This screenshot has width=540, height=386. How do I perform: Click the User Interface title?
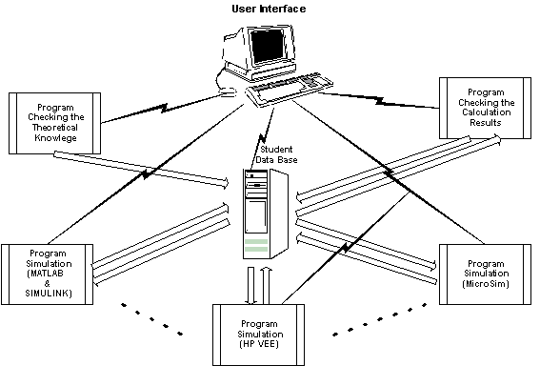point(269,9)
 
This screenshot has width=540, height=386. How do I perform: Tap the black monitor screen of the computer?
point(268,46)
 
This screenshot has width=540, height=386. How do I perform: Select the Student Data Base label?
point(276,154)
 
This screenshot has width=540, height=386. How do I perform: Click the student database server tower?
point(266,213)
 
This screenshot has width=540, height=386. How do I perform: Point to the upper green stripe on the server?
point(256,241)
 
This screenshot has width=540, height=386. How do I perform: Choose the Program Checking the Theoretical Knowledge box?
point(54,123)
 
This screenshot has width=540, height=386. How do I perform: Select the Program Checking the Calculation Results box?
point(486,108)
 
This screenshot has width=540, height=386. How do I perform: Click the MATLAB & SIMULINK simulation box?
point(48,274)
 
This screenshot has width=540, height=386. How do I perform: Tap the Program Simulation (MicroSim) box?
point(486,274)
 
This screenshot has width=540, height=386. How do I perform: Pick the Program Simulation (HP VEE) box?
point(259,335)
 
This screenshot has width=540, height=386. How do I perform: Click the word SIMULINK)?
point(49,294)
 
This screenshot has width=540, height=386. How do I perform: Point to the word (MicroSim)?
point(486,284)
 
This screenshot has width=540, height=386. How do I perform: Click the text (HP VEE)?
point(259,344)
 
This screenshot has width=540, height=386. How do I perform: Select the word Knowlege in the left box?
point(55,138)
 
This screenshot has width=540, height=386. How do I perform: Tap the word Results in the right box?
point(486,122)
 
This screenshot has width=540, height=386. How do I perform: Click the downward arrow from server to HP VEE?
point(251,286)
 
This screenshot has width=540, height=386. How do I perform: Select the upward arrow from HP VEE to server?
point(266,286)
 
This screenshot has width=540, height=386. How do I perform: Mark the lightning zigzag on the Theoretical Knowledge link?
point(164,108)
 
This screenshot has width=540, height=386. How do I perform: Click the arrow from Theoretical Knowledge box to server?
point(141,169)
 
